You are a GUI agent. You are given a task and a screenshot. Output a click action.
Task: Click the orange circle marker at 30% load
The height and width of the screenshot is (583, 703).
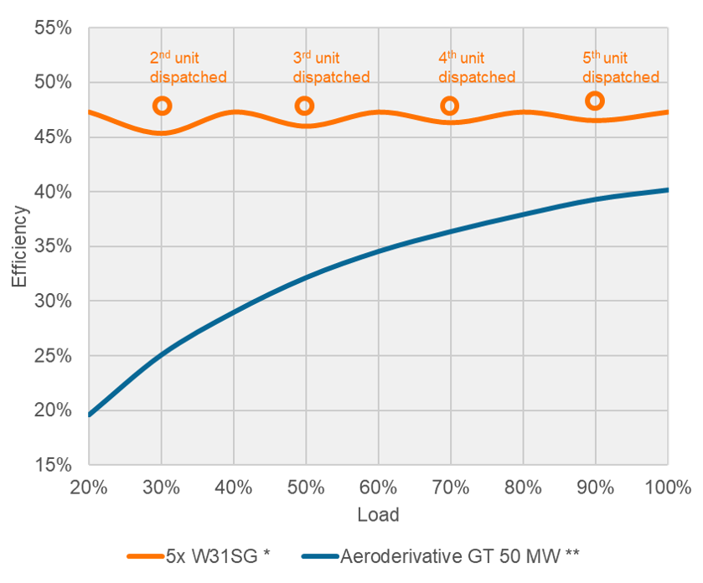pyautogui.click(x=162, y=106)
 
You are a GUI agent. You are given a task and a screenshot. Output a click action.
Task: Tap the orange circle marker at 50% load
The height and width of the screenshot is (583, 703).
pyautogui.click(x=304, y=106)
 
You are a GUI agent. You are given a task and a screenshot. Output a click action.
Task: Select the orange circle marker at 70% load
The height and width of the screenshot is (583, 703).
pyautogui.click(x=450, y=106)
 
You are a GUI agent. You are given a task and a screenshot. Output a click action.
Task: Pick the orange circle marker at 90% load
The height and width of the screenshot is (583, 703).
pyautogui.click(x=595, y=101)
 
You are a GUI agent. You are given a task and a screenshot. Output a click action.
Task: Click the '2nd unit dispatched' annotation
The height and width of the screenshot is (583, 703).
pyautogui.click(x=188, y=68)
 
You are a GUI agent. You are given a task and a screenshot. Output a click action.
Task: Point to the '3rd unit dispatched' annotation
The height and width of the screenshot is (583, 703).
pyautogui.click(x=331, y=68)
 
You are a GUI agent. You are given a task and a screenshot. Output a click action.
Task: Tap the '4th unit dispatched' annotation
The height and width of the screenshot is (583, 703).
pyautogui.click(x=476, y=68)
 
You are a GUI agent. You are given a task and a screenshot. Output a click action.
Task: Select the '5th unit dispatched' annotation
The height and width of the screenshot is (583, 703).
pyautogui.click(x=621, y=68)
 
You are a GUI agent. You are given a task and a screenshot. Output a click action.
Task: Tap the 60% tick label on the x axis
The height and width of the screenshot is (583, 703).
pyautogui.click(x=378, y=488)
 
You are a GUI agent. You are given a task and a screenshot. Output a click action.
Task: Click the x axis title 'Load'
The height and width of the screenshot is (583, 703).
pyautogui.click(x=378, y=514)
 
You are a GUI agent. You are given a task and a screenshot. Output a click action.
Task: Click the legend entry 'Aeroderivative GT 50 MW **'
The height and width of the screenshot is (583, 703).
pyautogui.click(x=459, y=555)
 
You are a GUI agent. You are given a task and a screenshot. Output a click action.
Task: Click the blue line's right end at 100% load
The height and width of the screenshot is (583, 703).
pyautogui.click(x=668, y=190)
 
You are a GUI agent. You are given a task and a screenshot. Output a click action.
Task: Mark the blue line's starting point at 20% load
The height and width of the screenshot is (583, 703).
pyautogui.click(x=89, y=415)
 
